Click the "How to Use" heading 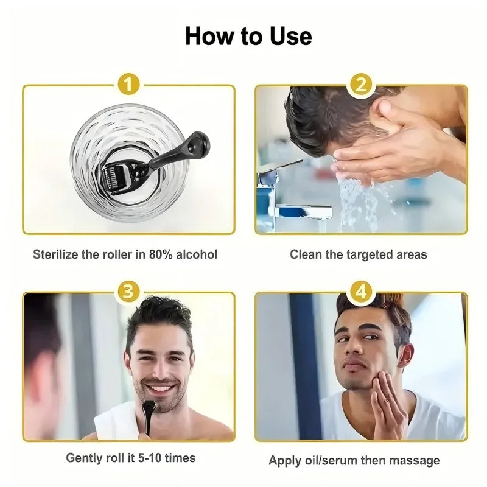(248, 37)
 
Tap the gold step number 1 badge (129, 85)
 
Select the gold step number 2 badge (361, 85)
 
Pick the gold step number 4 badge (362, 291)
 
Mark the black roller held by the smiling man (148, 412)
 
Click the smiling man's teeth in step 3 (161, 388)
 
